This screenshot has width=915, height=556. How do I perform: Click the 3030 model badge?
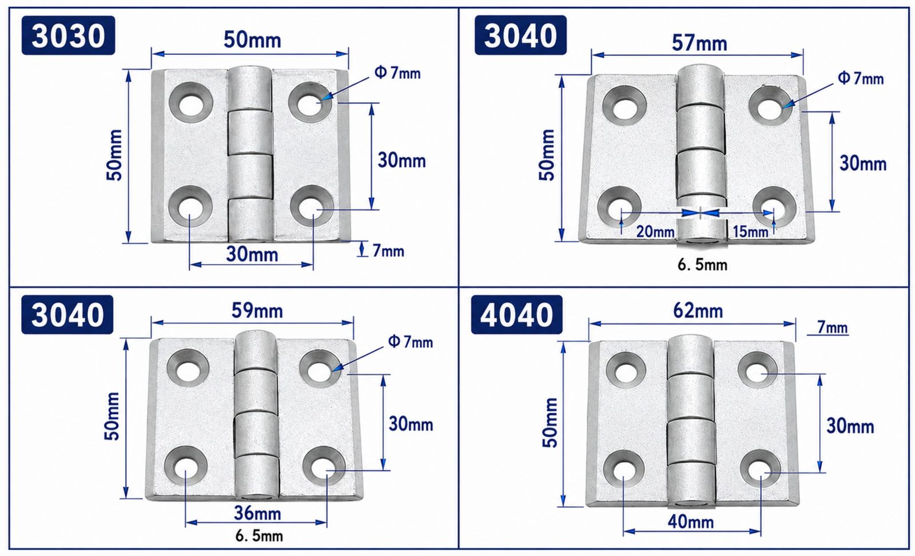68,35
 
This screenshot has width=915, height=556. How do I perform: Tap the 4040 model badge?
517,315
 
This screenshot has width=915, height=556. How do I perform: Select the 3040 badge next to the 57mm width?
520,35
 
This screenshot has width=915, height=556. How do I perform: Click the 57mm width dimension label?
699,43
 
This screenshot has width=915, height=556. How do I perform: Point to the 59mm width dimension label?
257,311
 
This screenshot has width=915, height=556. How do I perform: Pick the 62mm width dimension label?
698,311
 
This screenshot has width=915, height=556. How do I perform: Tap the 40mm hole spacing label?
691,522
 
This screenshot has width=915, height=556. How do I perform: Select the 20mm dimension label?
655,232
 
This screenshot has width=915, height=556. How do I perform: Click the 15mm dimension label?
750,232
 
